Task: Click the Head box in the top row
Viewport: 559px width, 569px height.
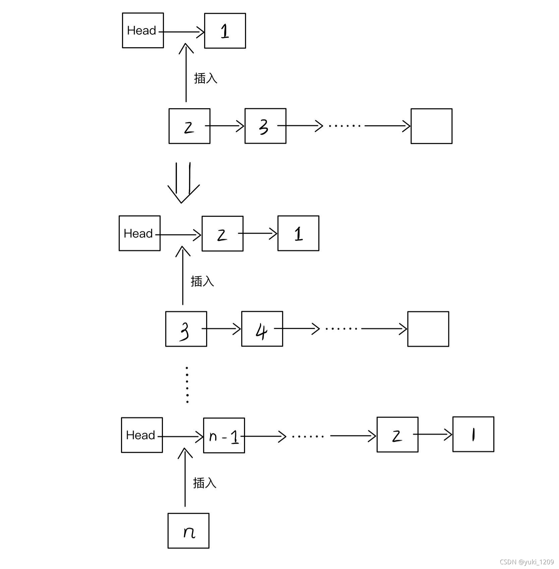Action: (x=143, y=30)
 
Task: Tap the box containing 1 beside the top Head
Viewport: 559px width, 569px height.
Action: (x=225, y=31)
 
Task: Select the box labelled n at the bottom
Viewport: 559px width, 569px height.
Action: (x=188, y=530)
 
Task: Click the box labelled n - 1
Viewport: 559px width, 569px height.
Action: (x=224, y=435)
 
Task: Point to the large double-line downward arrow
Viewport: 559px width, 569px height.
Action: (x=183, y=183)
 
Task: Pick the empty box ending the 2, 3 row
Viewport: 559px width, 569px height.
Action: (x=431, y=126)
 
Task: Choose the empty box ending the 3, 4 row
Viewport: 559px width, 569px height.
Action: (x=428, y=329)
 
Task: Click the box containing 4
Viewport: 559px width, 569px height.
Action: (x=262, y=329)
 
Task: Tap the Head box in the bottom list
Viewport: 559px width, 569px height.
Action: (x=142, y=435)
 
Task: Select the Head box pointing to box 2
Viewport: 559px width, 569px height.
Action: (x=139, y=233)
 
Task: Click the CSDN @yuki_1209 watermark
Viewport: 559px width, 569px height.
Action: (x=526, y=562)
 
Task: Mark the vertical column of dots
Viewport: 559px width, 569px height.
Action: (x=187, y=385)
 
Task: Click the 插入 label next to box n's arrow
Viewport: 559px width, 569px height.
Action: (x=204, y=483)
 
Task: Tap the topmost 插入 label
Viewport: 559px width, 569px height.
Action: (x=205, y=78)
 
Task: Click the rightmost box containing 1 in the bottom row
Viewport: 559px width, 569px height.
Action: (x=473, y=434)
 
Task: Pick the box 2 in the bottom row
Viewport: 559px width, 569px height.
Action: (x=397, y=435)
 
